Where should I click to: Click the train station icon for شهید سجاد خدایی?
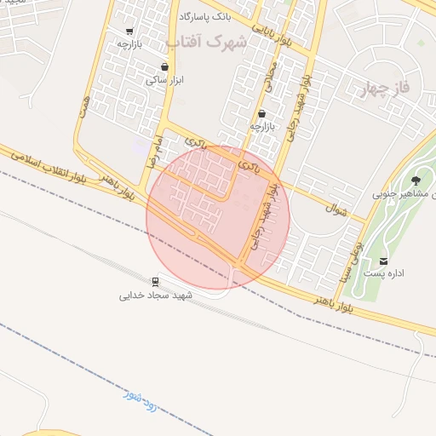pos(155,282)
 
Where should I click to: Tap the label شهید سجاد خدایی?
pos(156,295)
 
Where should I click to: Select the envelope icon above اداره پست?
pos(384,261)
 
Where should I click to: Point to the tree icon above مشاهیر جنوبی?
pos(415,181)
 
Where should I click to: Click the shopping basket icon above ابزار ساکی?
pos(164,67)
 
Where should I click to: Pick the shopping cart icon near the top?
pos(129,32)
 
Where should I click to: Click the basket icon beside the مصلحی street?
pos(261,113)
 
